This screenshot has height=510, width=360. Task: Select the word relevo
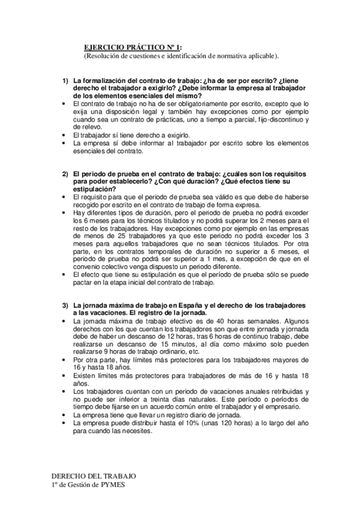point(89,127)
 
